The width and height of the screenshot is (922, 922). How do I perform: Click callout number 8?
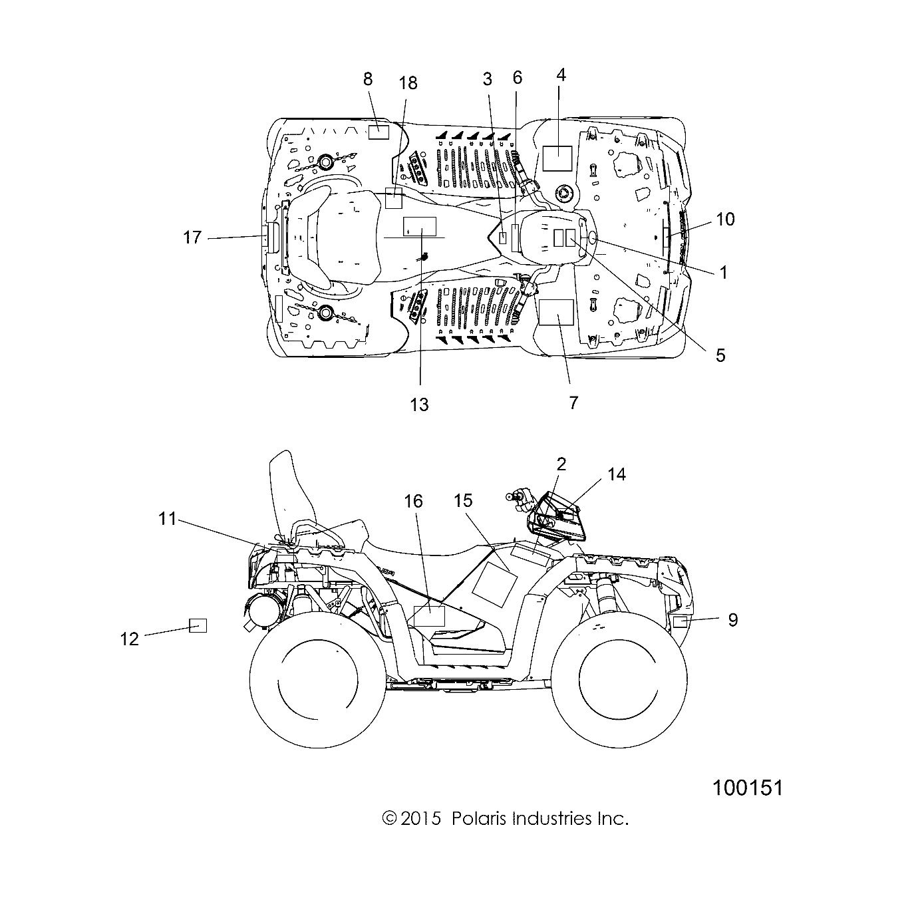click(368, 80)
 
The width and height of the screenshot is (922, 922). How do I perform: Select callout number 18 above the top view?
click(408, 82)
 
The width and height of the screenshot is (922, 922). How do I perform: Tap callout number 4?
click(561, 75)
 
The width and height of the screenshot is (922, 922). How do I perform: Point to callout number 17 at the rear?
click(192, 237)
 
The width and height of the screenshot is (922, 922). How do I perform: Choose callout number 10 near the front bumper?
click(725, 218)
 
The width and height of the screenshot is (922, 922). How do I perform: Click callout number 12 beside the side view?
click(129, 639)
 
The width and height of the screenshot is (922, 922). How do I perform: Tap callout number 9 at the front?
click(732, 619)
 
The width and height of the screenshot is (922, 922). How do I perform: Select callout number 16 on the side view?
click(414, 501)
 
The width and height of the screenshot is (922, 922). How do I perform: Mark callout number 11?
click(168, 518)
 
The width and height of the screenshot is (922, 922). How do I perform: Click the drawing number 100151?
click(748, 788)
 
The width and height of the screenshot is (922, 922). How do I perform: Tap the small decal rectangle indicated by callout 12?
click(198, 625)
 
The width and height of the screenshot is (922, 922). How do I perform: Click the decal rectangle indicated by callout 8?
click(379, 130)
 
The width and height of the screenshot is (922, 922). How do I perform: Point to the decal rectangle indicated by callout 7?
click(556, 311)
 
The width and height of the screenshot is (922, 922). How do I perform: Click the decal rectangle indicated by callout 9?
click(680, 623)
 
